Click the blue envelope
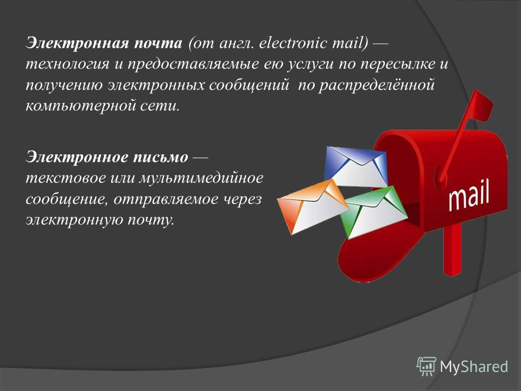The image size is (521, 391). (355, 167)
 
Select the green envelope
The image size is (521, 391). (374, 213)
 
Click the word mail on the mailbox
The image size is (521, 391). (468, 195)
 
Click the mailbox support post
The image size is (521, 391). (452, 249)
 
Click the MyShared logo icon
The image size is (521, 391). (427, 366)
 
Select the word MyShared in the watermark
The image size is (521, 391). (474, 367)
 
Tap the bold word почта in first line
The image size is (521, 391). (158, 43)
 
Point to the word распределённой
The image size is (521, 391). (377, 85)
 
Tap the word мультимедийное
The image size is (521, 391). (201, 178)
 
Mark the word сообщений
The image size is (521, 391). (249, 85)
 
